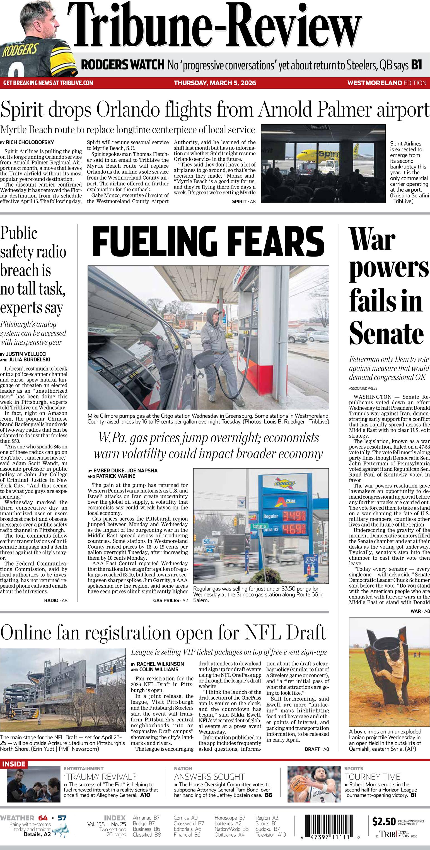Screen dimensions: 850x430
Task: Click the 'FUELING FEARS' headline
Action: (x=208, y=241)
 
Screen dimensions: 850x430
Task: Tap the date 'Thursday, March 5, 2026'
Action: (x=215, y=83)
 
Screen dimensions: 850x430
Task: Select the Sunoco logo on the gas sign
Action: (x=284, y=484)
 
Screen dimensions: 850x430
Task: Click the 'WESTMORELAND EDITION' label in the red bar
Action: (x=386, y=83)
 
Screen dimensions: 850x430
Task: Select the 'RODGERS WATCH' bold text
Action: (x=122, y=65)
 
